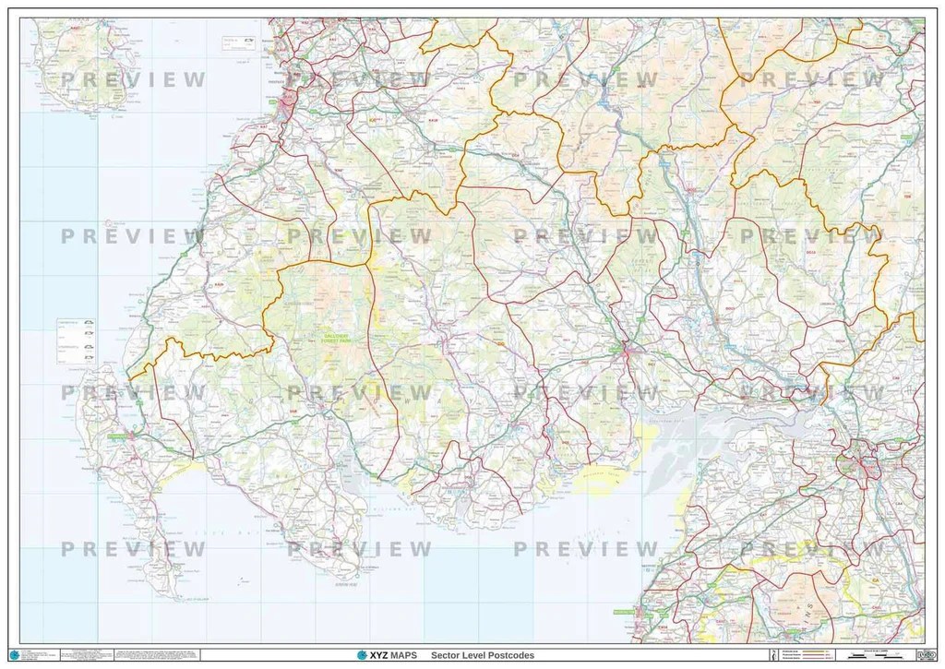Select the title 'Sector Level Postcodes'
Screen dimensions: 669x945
point(483,655)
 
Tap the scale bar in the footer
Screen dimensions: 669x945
point(871,655)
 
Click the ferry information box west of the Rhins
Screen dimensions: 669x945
point(77,337)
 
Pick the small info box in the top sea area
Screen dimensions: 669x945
point(237,42)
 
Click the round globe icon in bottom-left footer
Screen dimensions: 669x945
point(14,655)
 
